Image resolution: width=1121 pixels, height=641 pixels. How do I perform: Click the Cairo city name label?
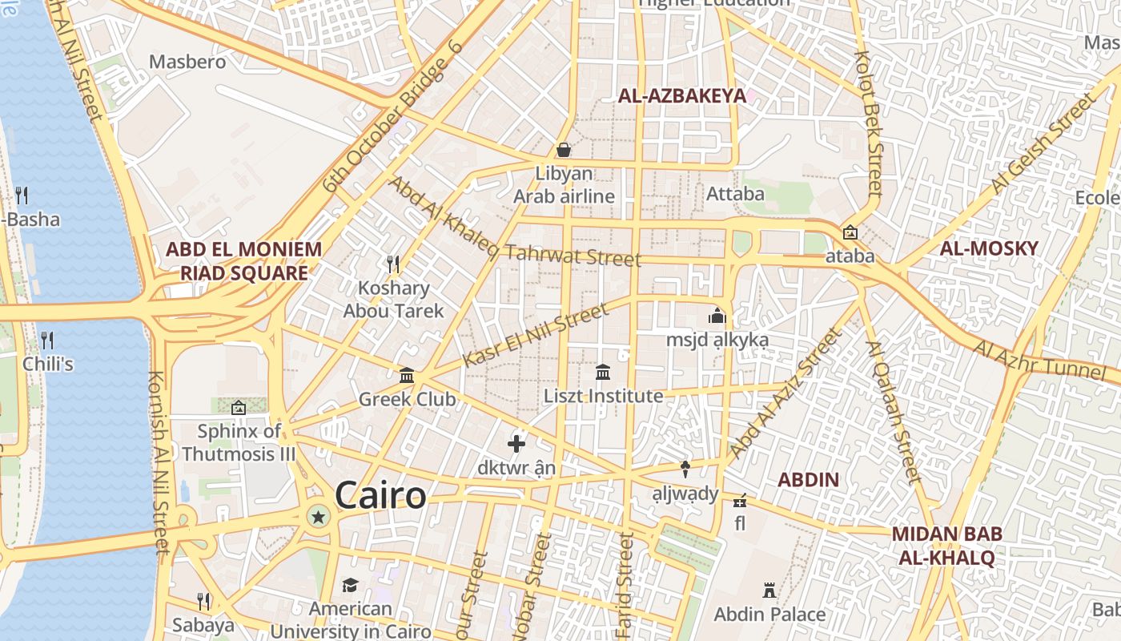click(380, 495)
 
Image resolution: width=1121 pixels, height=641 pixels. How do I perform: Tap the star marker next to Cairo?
click(318, 517)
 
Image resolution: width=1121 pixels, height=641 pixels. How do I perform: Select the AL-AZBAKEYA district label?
click(681, 96)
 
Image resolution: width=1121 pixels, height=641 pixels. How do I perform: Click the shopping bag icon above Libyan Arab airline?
click(564, 150)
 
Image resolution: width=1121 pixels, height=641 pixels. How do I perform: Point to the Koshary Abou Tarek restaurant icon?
click(392, 264)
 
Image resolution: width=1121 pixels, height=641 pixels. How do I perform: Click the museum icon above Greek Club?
click(407, 375)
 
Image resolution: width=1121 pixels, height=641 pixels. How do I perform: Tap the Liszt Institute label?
click(603, 396)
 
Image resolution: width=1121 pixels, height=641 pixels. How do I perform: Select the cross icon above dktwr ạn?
click(516, 443)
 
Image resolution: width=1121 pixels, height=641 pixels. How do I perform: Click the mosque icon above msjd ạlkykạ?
click(717, 316)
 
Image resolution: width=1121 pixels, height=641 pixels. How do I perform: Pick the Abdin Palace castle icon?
click(769, 591)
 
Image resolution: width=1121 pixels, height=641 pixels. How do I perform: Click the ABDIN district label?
click(809, 480)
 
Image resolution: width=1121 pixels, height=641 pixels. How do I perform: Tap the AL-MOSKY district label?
click(988, 248)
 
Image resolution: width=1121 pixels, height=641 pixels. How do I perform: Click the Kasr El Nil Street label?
click(536, 336)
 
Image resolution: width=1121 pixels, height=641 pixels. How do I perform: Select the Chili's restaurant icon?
click(47, 341)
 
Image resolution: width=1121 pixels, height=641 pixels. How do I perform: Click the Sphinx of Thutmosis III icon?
click(238, 408)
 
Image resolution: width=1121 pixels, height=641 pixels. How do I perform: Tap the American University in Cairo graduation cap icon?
click(349, 586)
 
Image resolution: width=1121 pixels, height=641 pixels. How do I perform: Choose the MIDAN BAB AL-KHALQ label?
click(946, 546)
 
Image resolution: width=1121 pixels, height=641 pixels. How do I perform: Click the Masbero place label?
click(187, 62)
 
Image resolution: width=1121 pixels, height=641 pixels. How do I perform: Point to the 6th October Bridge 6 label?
click(392, 117)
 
